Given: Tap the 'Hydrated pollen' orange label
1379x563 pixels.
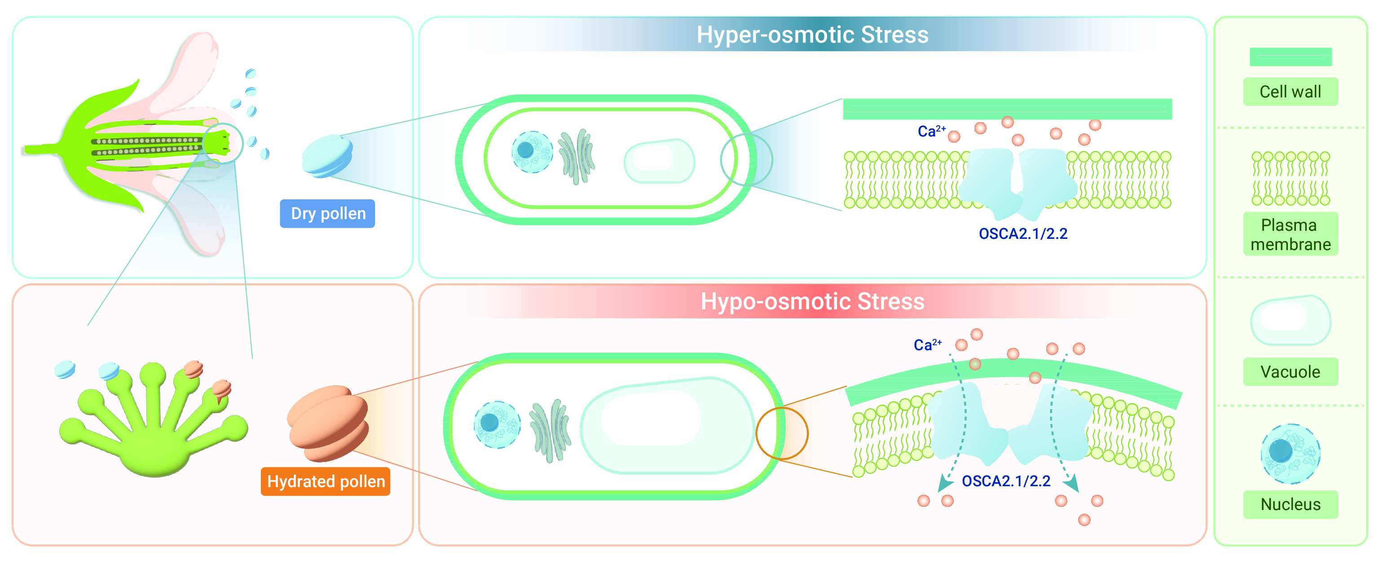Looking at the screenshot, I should pyautogui.click(x=326, y=481).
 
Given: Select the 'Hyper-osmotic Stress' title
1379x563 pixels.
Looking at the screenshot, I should pyautogui.click(x=812, y=35).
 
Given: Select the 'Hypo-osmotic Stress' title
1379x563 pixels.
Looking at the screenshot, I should pyautogui.click(x=812, y=301).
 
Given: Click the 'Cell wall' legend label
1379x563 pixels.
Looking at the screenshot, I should pyautogui.click(x=1290, y=92).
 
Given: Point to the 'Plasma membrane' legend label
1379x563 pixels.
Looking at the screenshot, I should pyautogui.click(x=1290, y=234).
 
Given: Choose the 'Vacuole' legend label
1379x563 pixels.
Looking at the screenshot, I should pyautogui.click(x=1290, y=371).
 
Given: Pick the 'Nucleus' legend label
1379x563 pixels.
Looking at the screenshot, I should pyautogui.click(x=1290, y=504).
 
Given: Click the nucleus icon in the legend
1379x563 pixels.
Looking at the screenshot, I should pyautogui.click(x=1290, y=453).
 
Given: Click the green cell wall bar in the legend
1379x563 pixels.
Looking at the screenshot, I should pyautogui.click(x=1290, y=57).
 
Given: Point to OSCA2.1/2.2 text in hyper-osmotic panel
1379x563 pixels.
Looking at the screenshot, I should pyautogui.click(x=1023, y=234).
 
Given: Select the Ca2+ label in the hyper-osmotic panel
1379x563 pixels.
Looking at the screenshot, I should pyautogui.click(x=931, y=131).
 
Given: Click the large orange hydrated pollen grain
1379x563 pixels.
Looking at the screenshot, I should pyautogui.click(x=328, y=423).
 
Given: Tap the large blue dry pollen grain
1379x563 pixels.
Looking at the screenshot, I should pyautogui.click(x=327, y=156).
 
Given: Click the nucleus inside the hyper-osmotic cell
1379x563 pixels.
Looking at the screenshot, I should pyautogui.click(x=532, y=151).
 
